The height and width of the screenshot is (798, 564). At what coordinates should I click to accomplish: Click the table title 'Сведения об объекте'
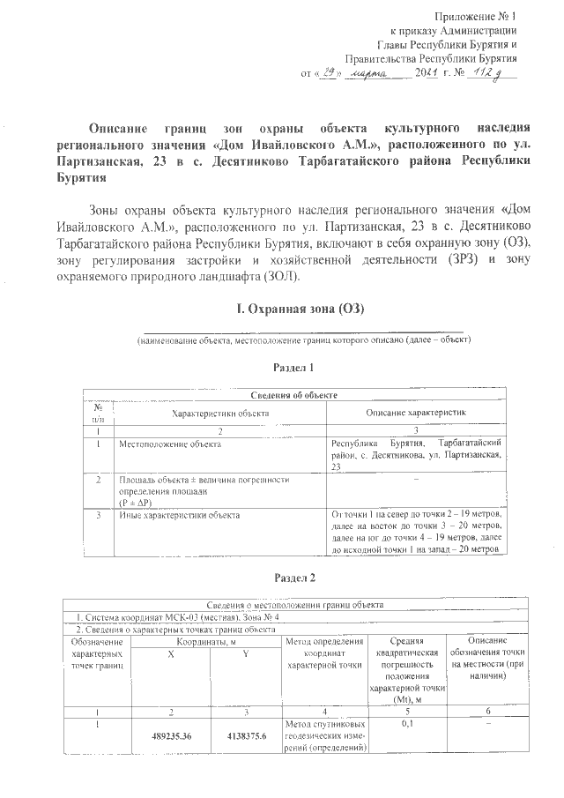pyautogui.click(x=295, y=396)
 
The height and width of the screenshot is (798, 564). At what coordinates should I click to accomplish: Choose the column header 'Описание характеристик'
pyautogui.click(x=415, y=413)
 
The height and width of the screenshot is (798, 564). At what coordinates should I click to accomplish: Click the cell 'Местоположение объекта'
pyautogui.click(x=164, y=444)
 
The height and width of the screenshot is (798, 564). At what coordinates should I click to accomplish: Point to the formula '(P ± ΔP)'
pyautogui.click(x=137, y=499)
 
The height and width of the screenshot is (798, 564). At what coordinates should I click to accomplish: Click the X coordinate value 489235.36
pyautogui.click(x=171, y=736)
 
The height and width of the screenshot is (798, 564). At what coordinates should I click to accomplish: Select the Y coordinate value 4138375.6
pyautogui.click(x=246, y=736)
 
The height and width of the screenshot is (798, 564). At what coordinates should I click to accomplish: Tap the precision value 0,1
pyautogui.click(x=408, y=723)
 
